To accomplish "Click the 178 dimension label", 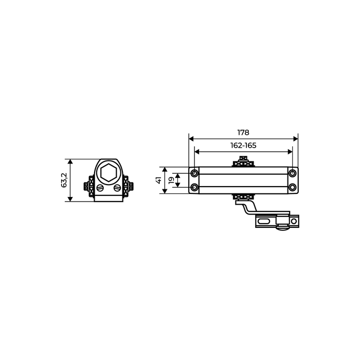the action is (x=243, y=133).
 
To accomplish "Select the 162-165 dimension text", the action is (x=243, y=146).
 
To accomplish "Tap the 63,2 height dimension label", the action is (x=64, y=180).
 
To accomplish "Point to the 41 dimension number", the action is (x=158, y=180).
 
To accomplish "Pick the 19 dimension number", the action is (x=171, y=180).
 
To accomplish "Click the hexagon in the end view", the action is (x=109, y=172).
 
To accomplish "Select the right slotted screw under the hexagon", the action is (x=117, y=188).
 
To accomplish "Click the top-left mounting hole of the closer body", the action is (x=194, y=173).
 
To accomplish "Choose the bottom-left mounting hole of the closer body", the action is (x=194, y=187).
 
